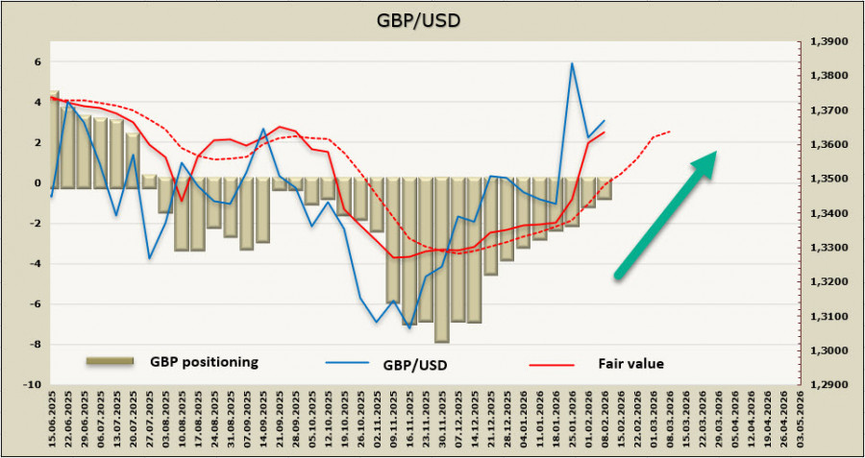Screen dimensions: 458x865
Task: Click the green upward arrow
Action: tap(666, 214)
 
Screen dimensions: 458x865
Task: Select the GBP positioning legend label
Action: tap(204, 362)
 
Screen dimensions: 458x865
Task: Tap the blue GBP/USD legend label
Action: tap(416, 364)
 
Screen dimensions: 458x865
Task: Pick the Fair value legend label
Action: tap(630, 364)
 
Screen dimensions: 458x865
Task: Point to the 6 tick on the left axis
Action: tap(38, 61)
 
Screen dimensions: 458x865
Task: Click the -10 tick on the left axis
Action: tap(33, 384)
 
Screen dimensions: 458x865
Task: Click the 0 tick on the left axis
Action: tap(38, 182)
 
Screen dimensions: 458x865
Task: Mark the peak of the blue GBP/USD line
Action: tap(573, 63)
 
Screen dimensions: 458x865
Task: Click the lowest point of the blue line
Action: tap(409, 328)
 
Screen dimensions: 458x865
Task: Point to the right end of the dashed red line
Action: tap(670, 132)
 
